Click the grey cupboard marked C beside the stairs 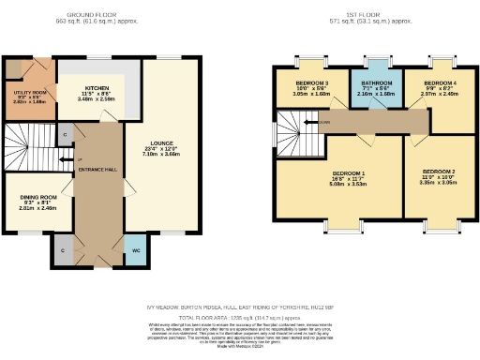tap(64, 135)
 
